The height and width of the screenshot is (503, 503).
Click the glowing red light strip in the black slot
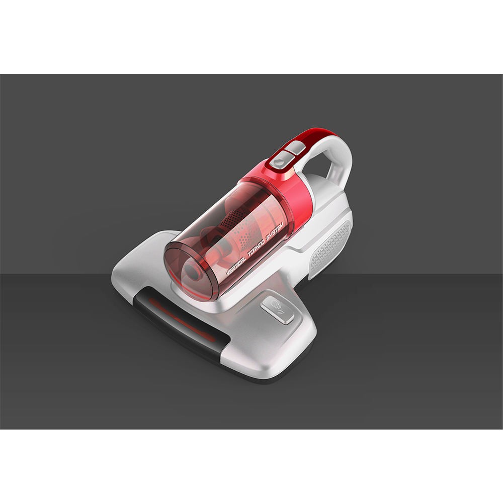click(181, 319)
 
